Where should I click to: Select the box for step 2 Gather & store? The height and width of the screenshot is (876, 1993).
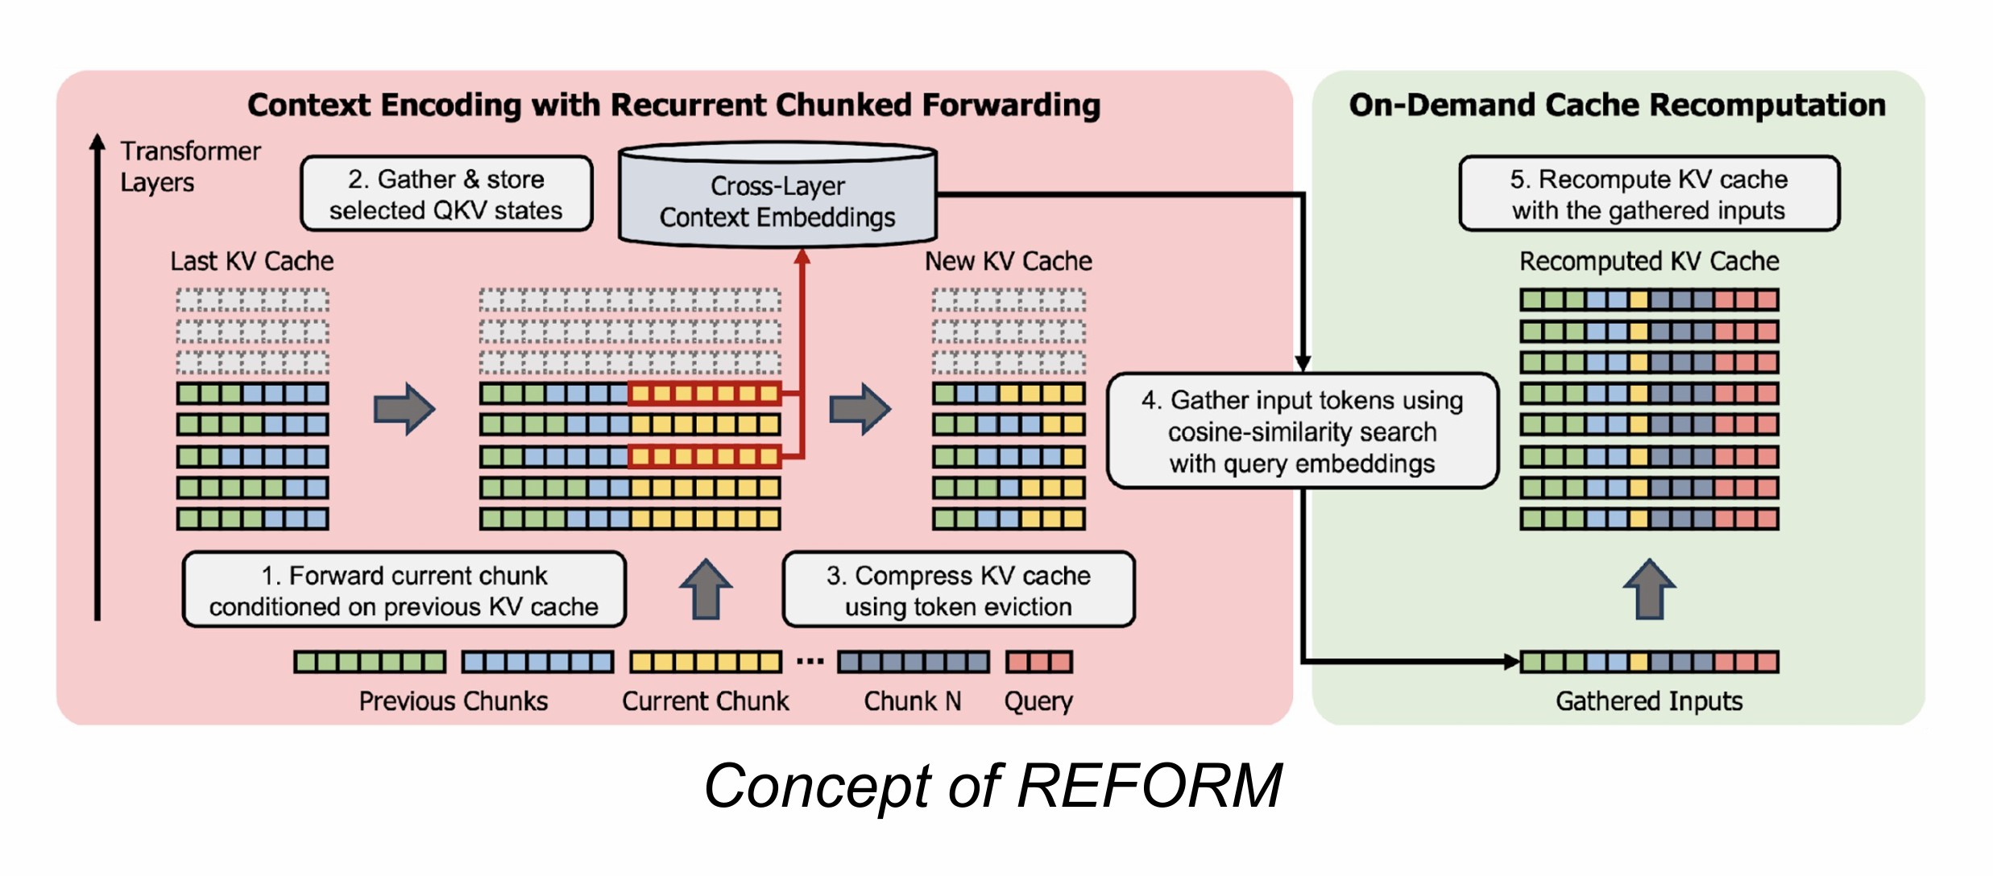click(x=446, y=194)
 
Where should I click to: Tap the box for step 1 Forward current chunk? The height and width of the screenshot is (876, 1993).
click(x=404, y=590)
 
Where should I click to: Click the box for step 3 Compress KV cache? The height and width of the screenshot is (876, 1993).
click(x=958, y=590)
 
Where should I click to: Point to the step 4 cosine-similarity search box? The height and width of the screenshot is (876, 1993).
click(x=1302, y=432)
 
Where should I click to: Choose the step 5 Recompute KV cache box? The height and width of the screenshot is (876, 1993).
click(x=1648, y=194)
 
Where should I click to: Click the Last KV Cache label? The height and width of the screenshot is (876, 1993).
click(x=251, y=261)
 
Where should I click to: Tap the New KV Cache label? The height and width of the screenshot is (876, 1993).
click(x=1008, y=261)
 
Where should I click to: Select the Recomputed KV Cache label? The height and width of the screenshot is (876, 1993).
click(x=1648, y=261)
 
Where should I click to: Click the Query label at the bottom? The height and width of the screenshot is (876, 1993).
click(x=1038, y=701)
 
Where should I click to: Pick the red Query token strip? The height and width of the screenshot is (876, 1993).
click(x=1038, y=662)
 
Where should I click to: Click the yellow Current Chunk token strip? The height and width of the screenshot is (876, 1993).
click(x=705, y=662)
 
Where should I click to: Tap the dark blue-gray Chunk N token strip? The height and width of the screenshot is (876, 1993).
click(x=913, y=662)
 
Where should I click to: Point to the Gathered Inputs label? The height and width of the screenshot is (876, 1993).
click(x=1648, y=701)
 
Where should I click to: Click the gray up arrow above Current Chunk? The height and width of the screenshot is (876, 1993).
click(x=706, y=590)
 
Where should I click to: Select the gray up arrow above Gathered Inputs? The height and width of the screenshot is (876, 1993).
click(x=1649, y=590)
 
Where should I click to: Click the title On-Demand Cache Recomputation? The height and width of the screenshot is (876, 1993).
click(x=1617, y=105)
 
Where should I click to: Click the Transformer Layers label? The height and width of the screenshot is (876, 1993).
click(x=189, y=167)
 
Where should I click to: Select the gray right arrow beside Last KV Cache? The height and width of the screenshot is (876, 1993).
click(x=404, y=409)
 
